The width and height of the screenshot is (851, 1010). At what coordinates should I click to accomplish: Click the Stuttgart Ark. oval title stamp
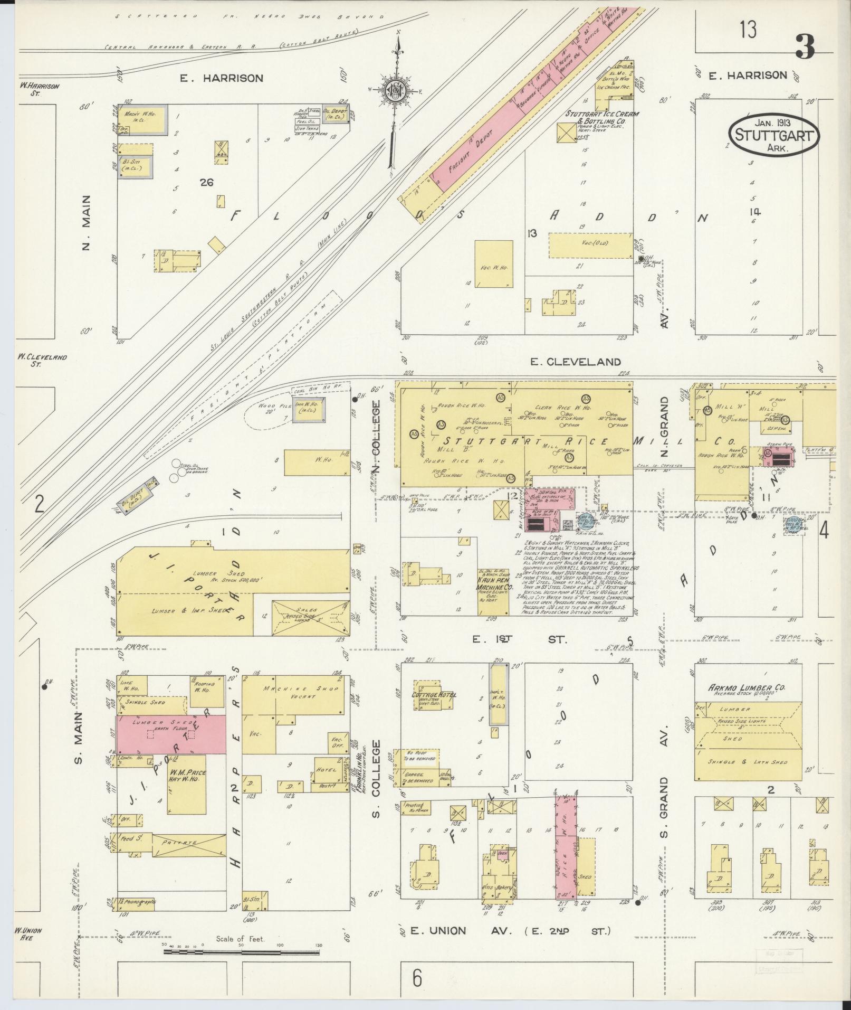click(774, 134)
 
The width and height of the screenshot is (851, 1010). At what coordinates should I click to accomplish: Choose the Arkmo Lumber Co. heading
click(748, 688)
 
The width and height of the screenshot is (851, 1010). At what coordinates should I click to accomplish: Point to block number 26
click(206, 183)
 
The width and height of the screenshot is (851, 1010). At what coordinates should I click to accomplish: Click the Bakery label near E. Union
click(504, 888)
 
